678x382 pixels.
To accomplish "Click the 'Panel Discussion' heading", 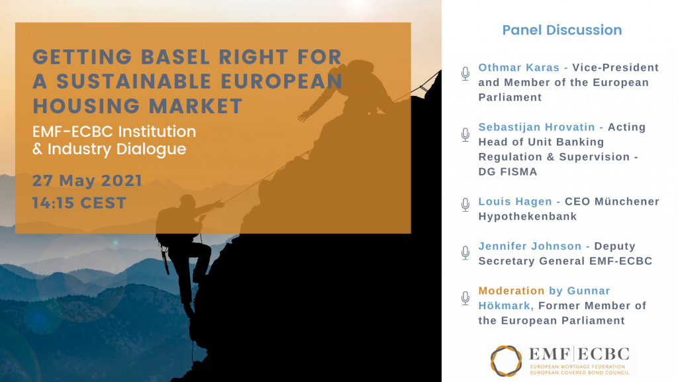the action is click(561, 30).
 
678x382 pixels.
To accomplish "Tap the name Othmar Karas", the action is click(519, 68).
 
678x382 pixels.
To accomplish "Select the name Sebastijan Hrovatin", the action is click(536, 127).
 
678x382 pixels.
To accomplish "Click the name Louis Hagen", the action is click(515, 201).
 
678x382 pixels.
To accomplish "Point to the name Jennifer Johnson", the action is click(530, 246).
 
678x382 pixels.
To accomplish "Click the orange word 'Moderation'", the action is click(511, 291).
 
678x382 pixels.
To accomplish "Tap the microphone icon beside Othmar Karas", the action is click(465, 74).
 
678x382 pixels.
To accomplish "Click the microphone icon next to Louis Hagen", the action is click(465, 205).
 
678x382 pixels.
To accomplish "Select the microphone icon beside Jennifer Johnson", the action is click(465, 253).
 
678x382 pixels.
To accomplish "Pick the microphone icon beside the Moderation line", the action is click(465, 298).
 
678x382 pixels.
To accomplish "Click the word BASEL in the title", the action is click(175, 57).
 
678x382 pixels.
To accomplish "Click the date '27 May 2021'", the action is click(87, 180).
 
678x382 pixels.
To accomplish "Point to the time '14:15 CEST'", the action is click(79, 203).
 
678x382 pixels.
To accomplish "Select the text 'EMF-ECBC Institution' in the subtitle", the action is click(114, 131).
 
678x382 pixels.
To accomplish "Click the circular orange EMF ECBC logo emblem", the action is click(506, 361).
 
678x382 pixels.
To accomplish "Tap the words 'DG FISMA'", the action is click(508, 171).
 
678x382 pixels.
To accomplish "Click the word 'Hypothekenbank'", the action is click(528, 216).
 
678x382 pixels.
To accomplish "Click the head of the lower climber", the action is click(187, 201).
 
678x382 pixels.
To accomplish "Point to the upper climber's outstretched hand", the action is click(303, 115).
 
